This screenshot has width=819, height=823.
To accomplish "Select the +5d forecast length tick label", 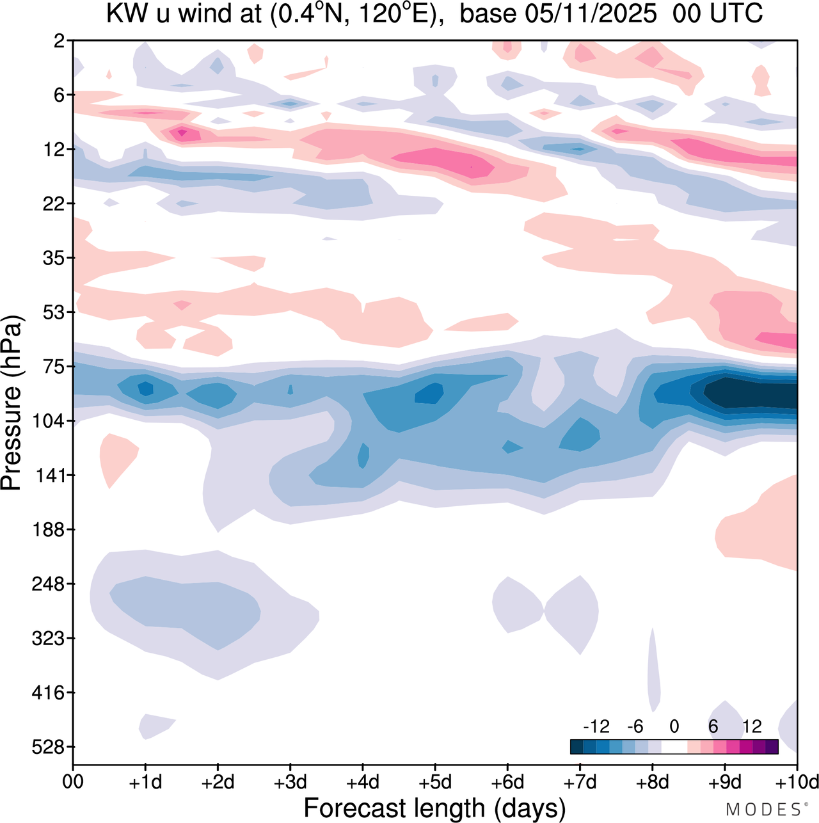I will coord(434,782).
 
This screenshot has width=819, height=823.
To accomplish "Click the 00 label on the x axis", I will coord(73,782).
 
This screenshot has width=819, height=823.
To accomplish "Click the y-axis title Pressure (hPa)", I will coord(12,403).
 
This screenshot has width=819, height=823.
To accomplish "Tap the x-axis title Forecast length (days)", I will coord(434,808).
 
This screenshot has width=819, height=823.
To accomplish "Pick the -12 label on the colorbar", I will coord(596,726).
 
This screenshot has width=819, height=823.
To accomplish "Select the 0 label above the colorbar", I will coord(674,726).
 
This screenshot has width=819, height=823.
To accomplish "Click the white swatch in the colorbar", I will coord(674,746).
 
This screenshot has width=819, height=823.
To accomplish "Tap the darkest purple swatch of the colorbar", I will coord(772,746).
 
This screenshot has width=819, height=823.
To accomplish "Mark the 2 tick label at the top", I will coord(59,41).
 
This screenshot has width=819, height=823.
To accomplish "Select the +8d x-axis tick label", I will coord(652,782).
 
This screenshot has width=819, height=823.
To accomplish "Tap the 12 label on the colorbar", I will coord(752,726).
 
